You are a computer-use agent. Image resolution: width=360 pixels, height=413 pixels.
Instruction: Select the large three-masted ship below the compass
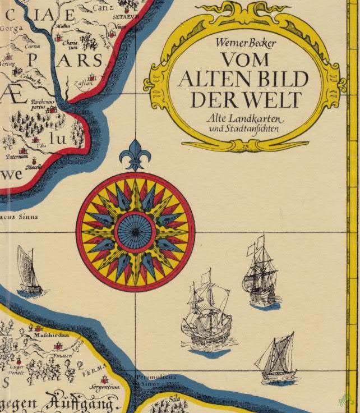(206, 314)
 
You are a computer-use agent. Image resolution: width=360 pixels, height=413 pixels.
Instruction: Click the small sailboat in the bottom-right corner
(277, 357)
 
